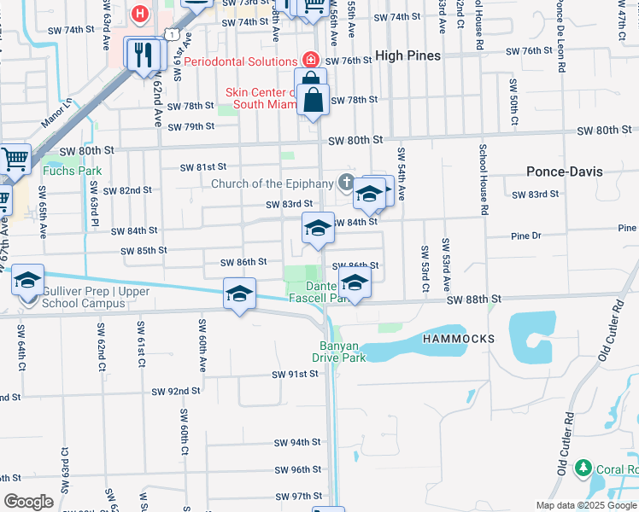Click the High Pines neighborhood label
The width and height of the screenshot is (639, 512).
pyautogui.click(x=407, y=55)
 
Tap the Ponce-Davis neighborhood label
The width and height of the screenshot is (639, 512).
pyautogui.click(x=564, y=172)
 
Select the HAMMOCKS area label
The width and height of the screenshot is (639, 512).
pyautogui.click(x=458, y=339)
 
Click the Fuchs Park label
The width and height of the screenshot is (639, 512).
pyautogui.click(x=72, y=171)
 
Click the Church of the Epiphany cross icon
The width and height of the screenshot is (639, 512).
pyautogui.click(x=346, y=182)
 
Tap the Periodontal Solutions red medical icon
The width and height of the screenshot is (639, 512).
pyautogui.click(x=310, y=61)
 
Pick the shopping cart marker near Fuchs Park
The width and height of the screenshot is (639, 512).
pyautogui.click(x=15, y=159)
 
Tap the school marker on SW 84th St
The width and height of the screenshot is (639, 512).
pyautogui.click(x=317, y=228)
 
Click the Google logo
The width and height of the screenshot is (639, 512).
pyautogui.click(x=28, y=502)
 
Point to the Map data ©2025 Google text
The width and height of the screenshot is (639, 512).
pyautogui.click(x=586, y=505)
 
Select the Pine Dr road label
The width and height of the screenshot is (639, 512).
pyautogui.click(x=525, y=236)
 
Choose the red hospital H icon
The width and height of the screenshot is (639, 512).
pyautogui.click(x=140, y=14)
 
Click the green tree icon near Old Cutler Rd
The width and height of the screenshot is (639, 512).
pyautogui.click(x=583, y=468)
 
